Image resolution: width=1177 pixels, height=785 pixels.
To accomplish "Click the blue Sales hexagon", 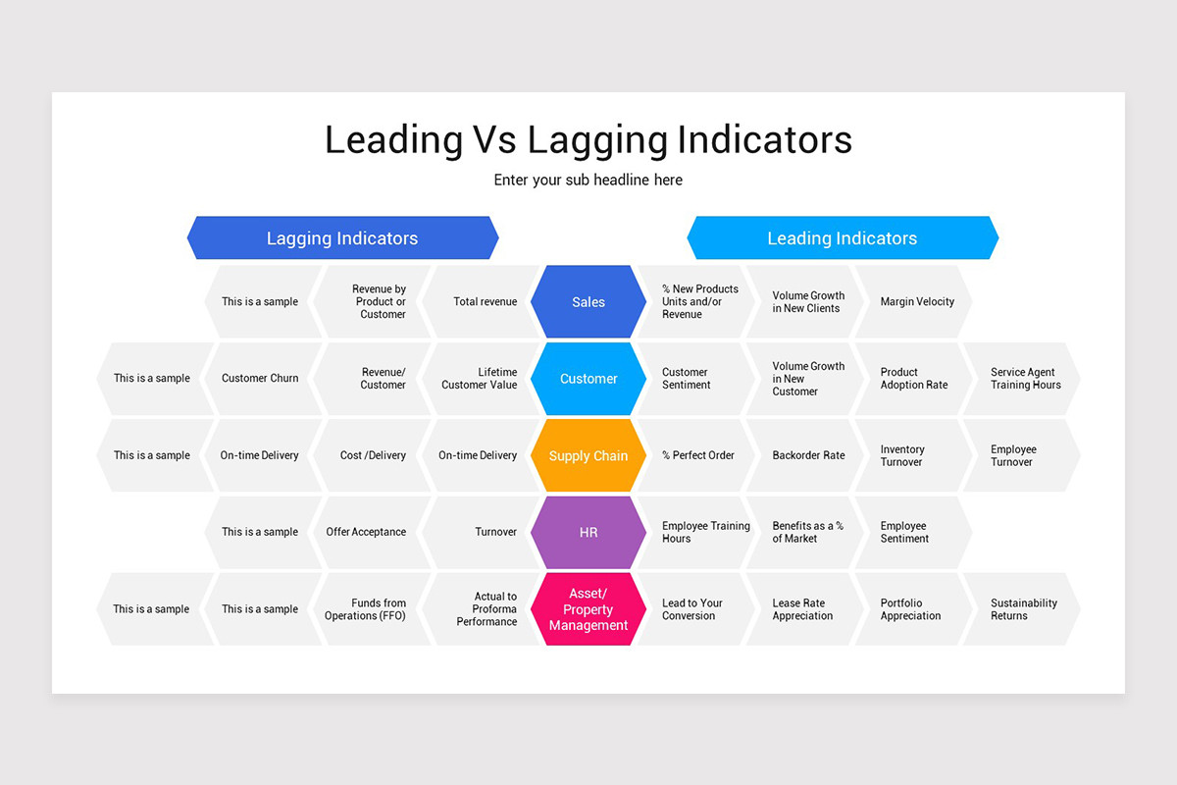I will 588,302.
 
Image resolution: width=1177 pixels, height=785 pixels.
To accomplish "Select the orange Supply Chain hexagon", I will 588,455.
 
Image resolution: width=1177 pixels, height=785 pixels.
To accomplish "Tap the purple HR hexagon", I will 588,532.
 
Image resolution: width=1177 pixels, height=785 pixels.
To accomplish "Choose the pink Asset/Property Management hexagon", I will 588,609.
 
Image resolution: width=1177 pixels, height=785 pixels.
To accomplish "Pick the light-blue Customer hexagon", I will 588,379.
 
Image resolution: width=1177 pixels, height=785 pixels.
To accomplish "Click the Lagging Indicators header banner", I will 342,238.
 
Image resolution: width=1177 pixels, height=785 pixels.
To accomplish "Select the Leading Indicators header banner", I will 842,238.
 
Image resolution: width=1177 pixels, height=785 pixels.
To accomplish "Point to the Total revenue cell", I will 481,302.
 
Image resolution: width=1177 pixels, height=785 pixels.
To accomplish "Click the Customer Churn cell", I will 263,379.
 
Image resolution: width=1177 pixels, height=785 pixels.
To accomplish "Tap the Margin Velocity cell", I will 914,302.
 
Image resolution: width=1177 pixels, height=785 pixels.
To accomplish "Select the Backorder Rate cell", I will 806,455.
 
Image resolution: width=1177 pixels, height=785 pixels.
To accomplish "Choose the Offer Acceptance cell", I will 369,532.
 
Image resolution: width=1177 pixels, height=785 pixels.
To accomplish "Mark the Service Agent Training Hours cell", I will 1022,379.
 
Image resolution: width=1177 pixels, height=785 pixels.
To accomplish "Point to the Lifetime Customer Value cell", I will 481,379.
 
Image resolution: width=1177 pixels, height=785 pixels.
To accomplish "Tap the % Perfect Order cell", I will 696,455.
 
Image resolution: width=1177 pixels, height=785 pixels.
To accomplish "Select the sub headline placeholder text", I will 588,181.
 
